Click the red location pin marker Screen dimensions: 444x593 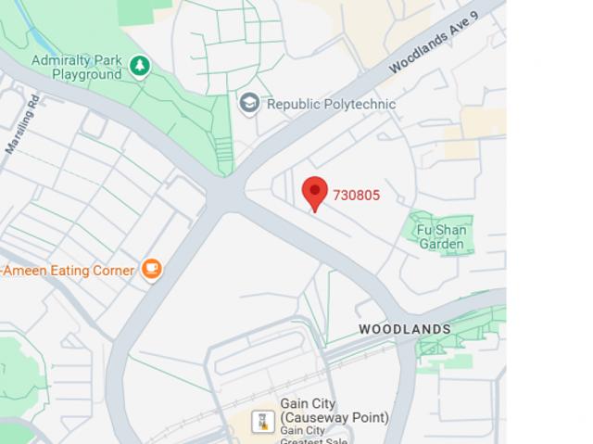click(315, 192)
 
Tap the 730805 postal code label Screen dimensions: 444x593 click(357, 195)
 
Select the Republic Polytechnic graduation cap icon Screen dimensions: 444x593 click(248, 103)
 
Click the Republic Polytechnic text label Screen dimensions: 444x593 click(331, 104)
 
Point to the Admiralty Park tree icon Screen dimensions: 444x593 click(140, 66)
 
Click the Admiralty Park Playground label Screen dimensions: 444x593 click(78, 67)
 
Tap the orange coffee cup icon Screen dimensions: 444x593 click(152, 270)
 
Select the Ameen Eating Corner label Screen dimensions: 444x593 click(69, 271)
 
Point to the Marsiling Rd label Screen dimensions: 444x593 click(22, 123)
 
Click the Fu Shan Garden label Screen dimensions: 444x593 click(441, 236)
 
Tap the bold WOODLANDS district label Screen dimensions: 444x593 click(405, 329)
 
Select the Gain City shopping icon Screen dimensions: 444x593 click(262, 423)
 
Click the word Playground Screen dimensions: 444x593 click(86, 74)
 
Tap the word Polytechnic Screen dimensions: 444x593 click(359, 104)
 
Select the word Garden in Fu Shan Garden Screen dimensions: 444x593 click(441, 244)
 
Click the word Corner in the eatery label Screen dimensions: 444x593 click(114, 271)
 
